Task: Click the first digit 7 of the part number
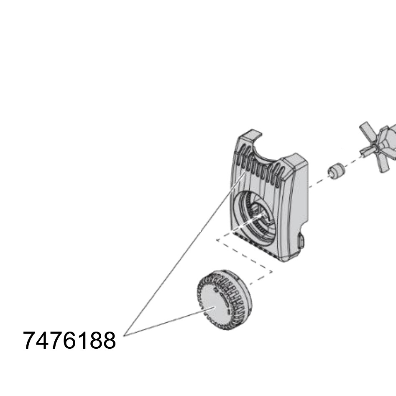(x=30, y=340)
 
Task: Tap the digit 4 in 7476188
(x=43, y=340)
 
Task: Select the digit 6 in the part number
(x=69, y=340)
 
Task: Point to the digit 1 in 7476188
(x=82, y=340)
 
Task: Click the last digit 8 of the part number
(x=109, y=340)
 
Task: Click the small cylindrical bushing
(x=336, y=171)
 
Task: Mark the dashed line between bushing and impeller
(x=353, y=161)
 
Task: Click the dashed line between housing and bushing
(x=318, y=181)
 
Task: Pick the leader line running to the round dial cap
(x=169, y=322)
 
